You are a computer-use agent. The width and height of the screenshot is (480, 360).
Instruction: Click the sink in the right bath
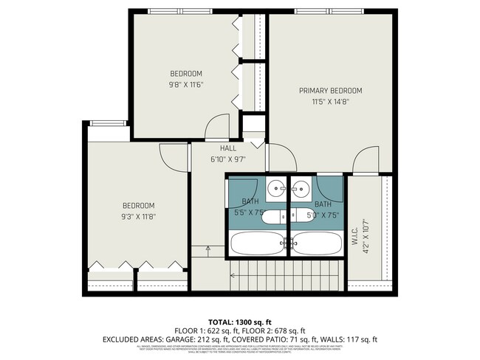[301, 187]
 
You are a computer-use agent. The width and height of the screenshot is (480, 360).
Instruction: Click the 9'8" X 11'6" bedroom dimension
[186, 85]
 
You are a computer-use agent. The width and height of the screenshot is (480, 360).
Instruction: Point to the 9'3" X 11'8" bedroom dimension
[138, 217]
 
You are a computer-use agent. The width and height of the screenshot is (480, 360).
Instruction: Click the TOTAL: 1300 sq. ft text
[239, 322]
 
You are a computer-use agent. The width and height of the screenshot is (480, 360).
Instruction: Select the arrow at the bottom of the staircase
[208, 249]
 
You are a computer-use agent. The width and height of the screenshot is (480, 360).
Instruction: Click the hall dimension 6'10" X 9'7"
[227, 159]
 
